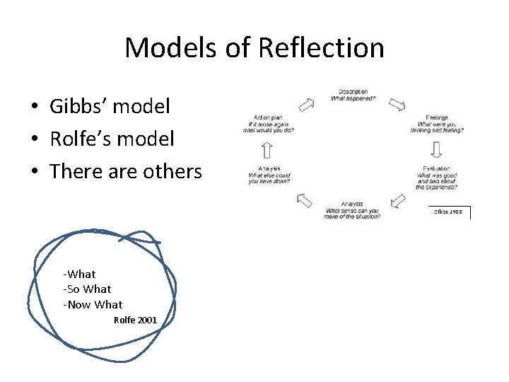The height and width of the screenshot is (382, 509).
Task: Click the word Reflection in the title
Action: click(x=322, y=48)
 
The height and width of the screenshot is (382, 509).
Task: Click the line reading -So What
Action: click(x=87, y=289)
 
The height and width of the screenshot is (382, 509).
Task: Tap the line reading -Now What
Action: click(x=93, y=304)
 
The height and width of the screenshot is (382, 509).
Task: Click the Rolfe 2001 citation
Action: click(x=135, y=320)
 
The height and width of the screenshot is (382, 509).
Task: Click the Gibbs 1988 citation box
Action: click(x=450, y=212)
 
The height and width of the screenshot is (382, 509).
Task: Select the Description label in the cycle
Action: click(x=352, y=91)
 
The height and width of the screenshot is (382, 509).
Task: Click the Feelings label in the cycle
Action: click(x=436, y=117)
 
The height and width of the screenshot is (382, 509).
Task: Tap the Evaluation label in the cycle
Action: click(x=435, y=169)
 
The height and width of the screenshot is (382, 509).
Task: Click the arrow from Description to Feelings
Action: click(x=397, y=105)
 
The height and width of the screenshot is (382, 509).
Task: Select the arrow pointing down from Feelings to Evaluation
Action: click(x=436, y=149)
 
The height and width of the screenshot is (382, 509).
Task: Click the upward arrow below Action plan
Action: click(x=267, y=149)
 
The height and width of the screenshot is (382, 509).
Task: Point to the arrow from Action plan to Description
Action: click(x=306, y=105)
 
